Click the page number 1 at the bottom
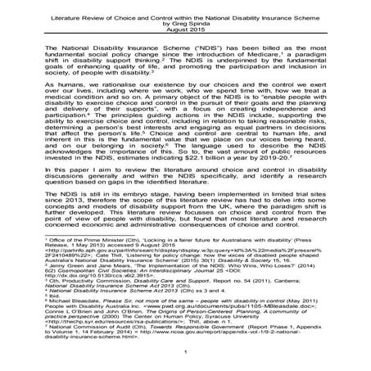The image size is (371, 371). (x=185, y=352)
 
